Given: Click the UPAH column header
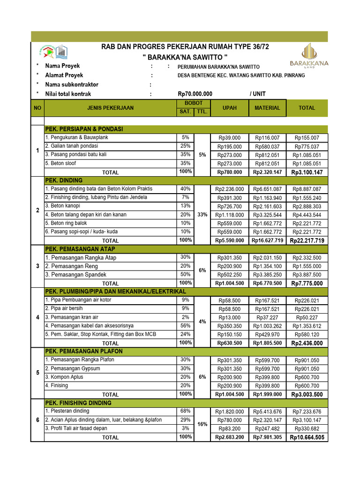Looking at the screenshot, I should coord(229,108).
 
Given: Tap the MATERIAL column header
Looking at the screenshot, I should coord(267,108).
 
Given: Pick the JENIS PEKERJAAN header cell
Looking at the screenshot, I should coord(110,108).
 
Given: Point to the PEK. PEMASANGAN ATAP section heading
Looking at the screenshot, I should coord(80,249).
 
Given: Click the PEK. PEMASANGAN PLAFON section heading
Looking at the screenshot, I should coord(83,351).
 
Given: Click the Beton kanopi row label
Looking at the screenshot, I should coord(62,206).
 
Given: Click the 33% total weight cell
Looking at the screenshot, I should coord(202,214).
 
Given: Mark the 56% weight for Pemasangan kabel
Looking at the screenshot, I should coord(185,326).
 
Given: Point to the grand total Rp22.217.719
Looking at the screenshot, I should coord(307,240).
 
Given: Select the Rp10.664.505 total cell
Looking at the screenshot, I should coord(307,437).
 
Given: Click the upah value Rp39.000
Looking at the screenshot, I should coord(229,138).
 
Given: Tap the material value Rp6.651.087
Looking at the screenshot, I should coord(267,189).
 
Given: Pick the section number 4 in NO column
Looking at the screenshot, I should coord(37,317).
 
